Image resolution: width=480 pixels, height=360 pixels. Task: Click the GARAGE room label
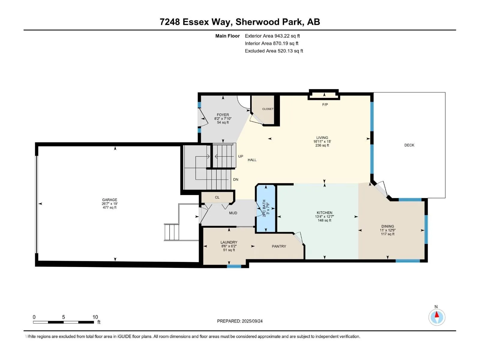[109, 199]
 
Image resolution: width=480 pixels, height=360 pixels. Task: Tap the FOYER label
[223, 115]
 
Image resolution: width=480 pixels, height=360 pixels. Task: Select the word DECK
[409, 145]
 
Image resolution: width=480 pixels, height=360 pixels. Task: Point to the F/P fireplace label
[325, 104]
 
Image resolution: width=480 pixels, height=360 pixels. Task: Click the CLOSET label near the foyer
[268, 109]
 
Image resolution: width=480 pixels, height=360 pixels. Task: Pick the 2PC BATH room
[266, 208]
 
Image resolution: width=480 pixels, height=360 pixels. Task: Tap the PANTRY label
[279, 246]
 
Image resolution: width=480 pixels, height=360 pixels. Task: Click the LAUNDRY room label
[229, 242]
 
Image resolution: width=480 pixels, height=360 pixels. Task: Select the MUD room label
[233, 213]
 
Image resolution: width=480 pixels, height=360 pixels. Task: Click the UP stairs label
[241, 156]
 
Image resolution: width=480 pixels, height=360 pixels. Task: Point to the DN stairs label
[235, 179]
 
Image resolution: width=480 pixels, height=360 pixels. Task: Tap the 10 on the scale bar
[95, 317]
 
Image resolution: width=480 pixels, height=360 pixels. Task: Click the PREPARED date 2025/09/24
[252, 321]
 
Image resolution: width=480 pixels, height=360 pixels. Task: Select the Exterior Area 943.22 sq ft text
[272, 36]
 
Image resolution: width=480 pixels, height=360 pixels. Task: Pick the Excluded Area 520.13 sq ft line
[274, 51]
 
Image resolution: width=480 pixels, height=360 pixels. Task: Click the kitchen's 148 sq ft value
[325, 220]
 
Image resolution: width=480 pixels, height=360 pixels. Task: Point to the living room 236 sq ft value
[322, 145]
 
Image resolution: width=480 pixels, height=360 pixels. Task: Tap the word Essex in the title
[196, 22]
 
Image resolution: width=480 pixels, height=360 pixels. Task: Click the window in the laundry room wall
[234, 266]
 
